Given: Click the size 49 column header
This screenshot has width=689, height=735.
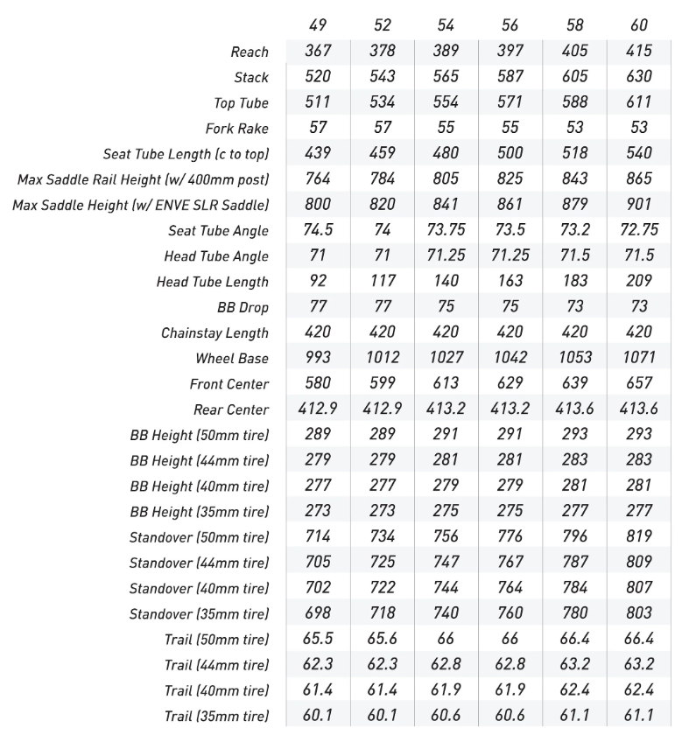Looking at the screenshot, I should (x=318, y=25).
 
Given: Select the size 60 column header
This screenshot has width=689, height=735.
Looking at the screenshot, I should (x=639, y=25).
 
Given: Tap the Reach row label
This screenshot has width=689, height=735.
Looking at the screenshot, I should (x=250, y=52).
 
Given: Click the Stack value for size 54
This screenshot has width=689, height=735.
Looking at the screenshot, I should (x=446, y=77).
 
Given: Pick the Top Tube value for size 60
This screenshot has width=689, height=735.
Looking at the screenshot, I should (x=639, y=102).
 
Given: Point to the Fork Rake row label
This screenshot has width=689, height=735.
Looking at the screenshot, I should (x=236, y=129).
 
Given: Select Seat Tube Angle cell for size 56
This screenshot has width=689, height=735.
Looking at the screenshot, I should (x=510, y=231).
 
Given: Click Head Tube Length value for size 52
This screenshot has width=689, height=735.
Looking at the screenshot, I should (x=383, y=282).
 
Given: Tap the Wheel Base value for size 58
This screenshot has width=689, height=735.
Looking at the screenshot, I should (x=575, y=358).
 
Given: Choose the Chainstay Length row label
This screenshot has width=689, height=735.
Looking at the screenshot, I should (x=214, y=333).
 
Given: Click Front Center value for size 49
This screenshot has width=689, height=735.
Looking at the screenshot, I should (x=318, y=383).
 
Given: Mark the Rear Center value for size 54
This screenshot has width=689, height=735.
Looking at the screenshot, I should (x=446, y=409).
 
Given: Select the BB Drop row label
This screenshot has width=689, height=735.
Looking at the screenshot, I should (x=243, y=308).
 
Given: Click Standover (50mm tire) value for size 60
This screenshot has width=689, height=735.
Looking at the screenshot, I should (x=639, y=536).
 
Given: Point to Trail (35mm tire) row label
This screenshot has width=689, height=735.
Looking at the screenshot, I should (x=216, y=716).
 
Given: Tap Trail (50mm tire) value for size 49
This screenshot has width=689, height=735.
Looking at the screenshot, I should (x=318, y=639).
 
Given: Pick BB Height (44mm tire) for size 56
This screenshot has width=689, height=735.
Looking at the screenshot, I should (x=510, y=460).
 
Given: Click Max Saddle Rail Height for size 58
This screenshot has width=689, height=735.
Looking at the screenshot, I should (x=575, y=179).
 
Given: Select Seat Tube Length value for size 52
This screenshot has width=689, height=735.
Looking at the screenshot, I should (x=383, y=153).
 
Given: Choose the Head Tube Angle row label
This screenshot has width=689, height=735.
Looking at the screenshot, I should (x=216, y=257).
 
